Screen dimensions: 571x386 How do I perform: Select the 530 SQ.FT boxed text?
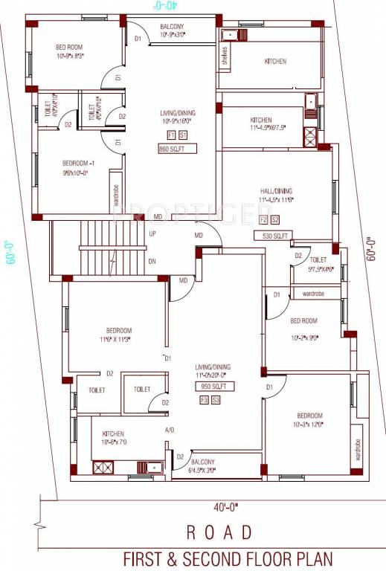click(x=274, y=236)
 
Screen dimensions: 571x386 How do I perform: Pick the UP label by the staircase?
click(x=152, y=233)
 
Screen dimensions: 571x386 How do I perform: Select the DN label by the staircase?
click(x=152, y=261)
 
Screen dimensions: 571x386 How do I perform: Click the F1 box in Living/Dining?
click(x=171, y=135)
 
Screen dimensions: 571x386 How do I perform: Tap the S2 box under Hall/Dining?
click(x=274, y=220)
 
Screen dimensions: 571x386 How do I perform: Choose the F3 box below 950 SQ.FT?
click(x=204, y=400)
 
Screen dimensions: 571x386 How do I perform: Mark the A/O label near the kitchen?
click(x=170, y=430)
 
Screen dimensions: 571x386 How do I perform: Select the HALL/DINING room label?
click(x=275, y=190)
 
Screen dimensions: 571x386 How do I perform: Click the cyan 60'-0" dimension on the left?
click(x=10, y=253)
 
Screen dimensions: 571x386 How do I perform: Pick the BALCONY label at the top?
click(x=176, y=27)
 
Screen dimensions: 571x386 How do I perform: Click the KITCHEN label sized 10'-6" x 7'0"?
click(x=108, y=433)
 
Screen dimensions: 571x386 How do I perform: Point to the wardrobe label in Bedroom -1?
click(x=116, y=196)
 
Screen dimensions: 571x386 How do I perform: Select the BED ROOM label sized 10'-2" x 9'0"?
click(x=303, y=320)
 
